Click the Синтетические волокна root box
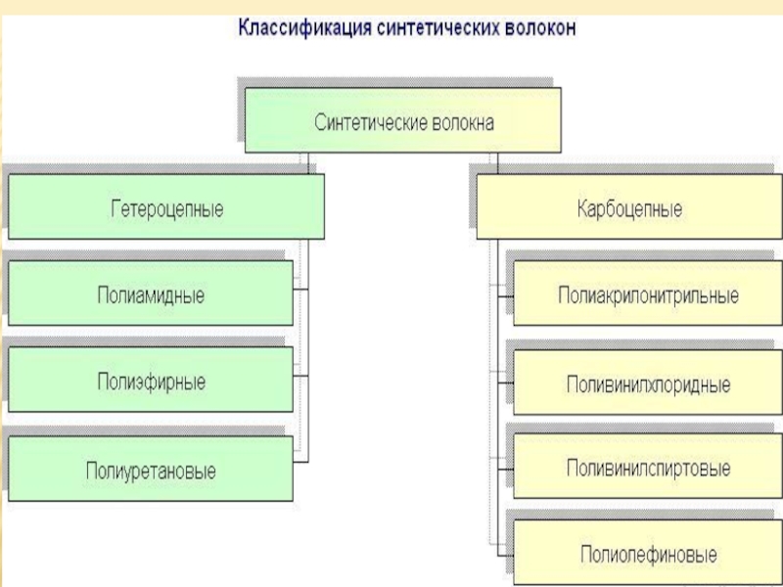[x=402, y=120]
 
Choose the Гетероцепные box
[x=165, y=207]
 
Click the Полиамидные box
[x=151, y=293]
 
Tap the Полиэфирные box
[x=151, y=381]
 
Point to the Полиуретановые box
[x=151, y=469]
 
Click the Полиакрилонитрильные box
[x=647, y=294]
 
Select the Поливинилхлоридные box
[x=647, y=384]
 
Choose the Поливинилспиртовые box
[x=647, y=469]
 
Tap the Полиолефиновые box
[x=647, y=554]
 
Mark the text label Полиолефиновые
[x=648, y=555]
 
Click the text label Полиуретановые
[x=151, y=471]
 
